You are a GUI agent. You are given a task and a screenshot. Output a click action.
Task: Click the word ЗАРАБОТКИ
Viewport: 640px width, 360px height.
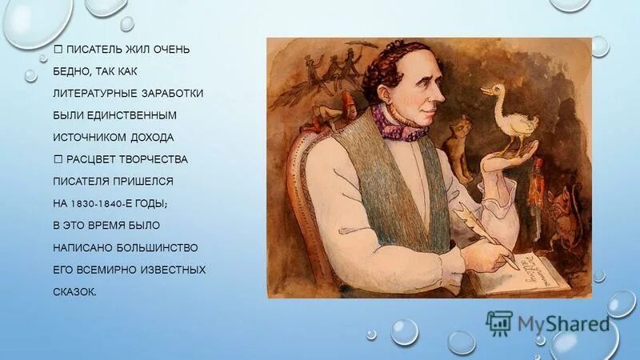pos(173,94)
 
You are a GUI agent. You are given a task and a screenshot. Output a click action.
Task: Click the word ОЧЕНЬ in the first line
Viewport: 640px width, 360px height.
pos(171,50)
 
